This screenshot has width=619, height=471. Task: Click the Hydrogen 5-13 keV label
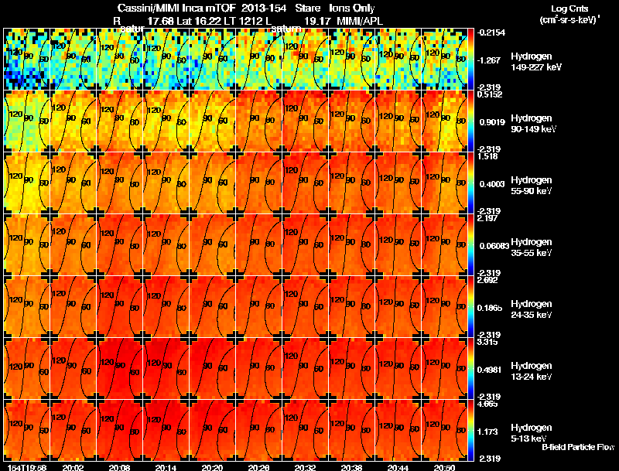531,432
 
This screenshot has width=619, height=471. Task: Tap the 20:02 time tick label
73,467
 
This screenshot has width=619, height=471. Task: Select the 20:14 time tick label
166,467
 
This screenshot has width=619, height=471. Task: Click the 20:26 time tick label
258,467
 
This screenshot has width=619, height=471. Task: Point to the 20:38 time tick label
351,467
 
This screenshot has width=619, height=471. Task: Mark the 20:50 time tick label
444,467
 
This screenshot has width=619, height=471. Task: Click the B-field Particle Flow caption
577,447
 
